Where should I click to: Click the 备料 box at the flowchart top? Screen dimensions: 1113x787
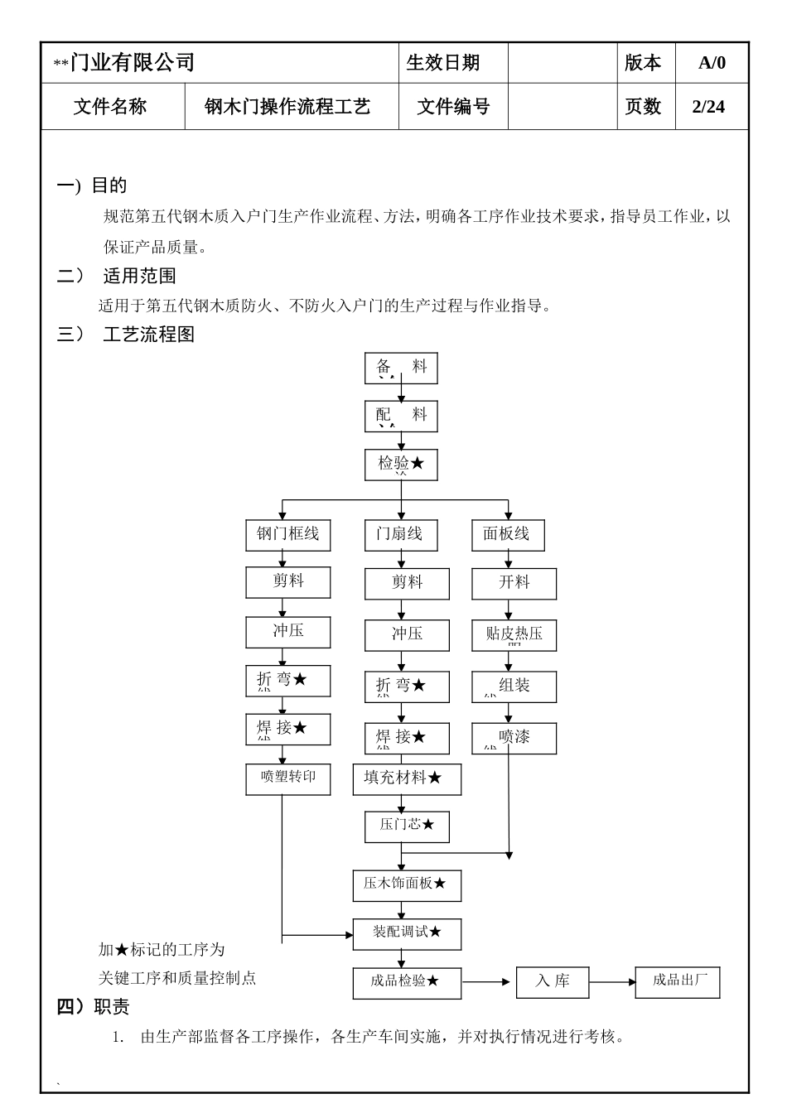coord(401,368)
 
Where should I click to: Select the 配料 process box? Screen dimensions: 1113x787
coord(401,416)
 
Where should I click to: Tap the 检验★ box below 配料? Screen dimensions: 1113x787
coord(401,465)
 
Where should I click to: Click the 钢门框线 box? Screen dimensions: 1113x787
coord(287,534)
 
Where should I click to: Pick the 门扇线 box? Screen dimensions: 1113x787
coord(401,534)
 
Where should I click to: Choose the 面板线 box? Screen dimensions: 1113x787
coord(508,534)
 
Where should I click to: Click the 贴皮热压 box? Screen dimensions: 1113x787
coord(514,635)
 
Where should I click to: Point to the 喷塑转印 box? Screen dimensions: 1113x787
coord(287,778)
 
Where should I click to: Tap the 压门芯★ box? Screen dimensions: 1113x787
coord(407,826)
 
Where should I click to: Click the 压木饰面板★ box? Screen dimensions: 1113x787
coord(407,884)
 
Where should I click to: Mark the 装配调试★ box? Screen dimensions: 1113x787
coord(407,933)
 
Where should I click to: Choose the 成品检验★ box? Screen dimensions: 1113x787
coord(407,982)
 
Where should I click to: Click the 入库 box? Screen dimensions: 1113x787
coord(553,982)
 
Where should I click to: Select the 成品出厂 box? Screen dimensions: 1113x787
coord(678,981)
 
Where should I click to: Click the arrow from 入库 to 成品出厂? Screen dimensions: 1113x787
coord(612,982)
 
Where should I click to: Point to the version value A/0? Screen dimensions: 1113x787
coord(712,63)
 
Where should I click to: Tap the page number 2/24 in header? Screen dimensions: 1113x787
coord(708,107)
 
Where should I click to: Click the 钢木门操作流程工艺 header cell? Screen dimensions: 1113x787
coord(287,107)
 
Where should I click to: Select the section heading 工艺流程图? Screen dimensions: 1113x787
coord(149,335)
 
